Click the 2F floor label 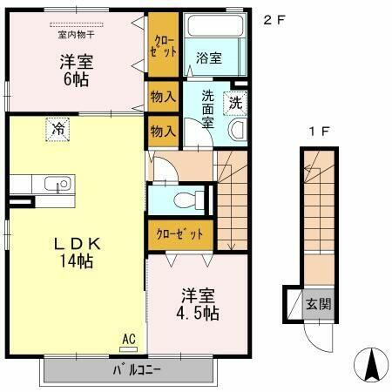(x=274, y=19)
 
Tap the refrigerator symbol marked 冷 (x=57, y=129)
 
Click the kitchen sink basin (x=57, y=184)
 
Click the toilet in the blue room (x=185, y=199)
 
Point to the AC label (x=127, y=338)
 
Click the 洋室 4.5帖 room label (x=199, y=303)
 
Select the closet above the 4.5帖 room (x=179, y=234)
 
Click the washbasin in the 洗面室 (x=236, y=130)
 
